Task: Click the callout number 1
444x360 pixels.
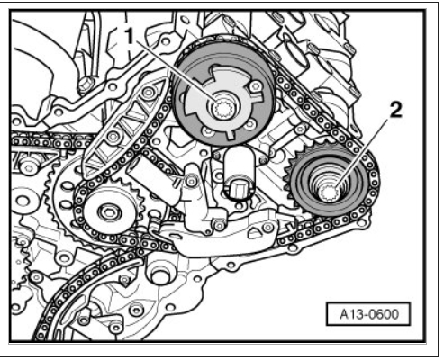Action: (x=129, y=36)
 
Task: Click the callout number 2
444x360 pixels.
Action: (x=395, y=111)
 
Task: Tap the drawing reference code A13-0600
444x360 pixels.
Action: (x=369, y=314)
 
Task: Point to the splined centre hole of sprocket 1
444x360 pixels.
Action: (x=222, y=109)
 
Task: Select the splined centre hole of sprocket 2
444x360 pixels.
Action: (x=329, y=193)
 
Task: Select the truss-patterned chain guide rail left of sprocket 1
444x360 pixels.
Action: (x=124, y=129)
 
